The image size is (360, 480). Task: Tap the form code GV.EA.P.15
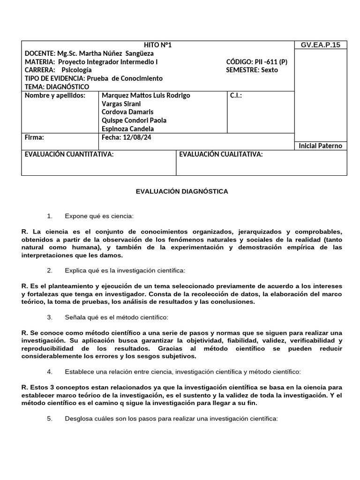pyautogui.click(x=320, y=45)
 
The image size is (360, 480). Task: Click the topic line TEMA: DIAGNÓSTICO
pyautogui.click(x=57, y=87)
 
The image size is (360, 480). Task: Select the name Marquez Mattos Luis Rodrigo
pyautogui.click(x=146, y=96)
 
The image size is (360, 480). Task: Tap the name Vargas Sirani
pyautogui.click(x=121, y=104)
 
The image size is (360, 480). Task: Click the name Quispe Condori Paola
pyautogui.click(x=134, y=120)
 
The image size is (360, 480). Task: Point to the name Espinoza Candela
pyautogui.click(x=127, y=129)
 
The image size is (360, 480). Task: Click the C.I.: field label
pyautogui.click(x=236, y=96)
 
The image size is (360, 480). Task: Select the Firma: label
pyautogui.click(x=34, y=138)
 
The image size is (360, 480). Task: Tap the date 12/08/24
pyautogui.click(x=136, y=138)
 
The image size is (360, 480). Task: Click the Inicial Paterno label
pyautogui.click(x=320, y=146)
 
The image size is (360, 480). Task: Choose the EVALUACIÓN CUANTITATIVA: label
pyautogui.click(x=69, y=155)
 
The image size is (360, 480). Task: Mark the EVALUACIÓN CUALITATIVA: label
pyautogui.click(x=221, y=155)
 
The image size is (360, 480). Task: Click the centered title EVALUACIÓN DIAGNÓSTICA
pyautogui.click(x=182, y=192)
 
